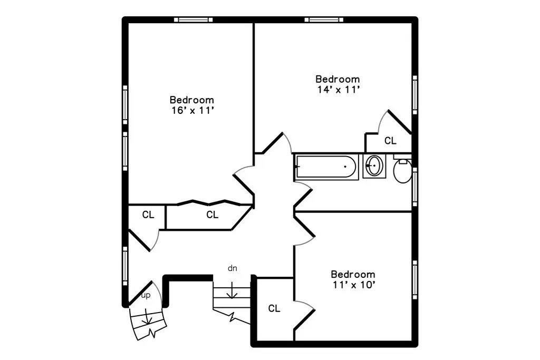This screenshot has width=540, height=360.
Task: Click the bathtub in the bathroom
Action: tap(326, 167)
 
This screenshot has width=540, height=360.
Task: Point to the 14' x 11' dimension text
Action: tap(337, 90)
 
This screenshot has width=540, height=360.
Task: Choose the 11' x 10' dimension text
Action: tap(353, 285)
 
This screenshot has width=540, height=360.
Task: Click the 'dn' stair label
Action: tap(232, 268)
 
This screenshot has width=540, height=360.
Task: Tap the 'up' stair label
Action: tap(146, 295)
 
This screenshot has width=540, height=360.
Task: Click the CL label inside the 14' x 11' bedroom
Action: tap(390, 141)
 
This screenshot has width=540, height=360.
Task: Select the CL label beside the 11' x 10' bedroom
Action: tap(274, 308)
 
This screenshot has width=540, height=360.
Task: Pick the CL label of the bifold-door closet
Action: tap(212, 215)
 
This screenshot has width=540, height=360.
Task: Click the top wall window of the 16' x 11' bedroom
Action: tap(193, 20)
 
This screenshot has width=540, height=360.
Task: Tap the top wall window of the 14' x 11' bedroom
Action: tap(324, 20)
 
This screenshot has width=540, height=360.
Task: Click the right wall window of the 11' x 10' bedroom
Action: tap(415, 279)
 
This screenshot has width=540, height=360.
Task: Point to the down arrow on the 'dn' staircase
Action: tap(232, 293)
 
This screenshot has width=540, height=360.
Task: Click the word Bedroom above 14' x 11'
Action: tap(337, 80)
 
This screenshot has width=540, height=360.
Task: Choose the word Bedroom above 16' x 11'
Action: tap(192, 100)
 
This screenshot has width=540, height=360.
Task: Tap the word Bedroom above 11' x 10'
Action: tap(353, 275)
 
